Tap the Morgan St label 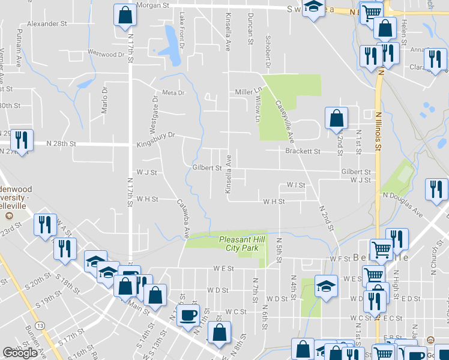click(x=152, y=5)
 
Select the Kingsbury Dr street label click(x=155, y=136)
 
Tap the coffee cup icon click(x=188, y=315)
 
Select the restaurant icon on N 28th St click(x=22, y=140)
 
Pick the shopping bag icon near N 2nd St click(x=337, y=118)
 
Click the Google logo click(x=20, y=353)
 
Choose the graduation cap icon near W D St click(x=326, y=287)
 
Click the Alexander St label click(x=47, y=23)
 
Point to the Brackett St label click(x=303, y=151)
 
